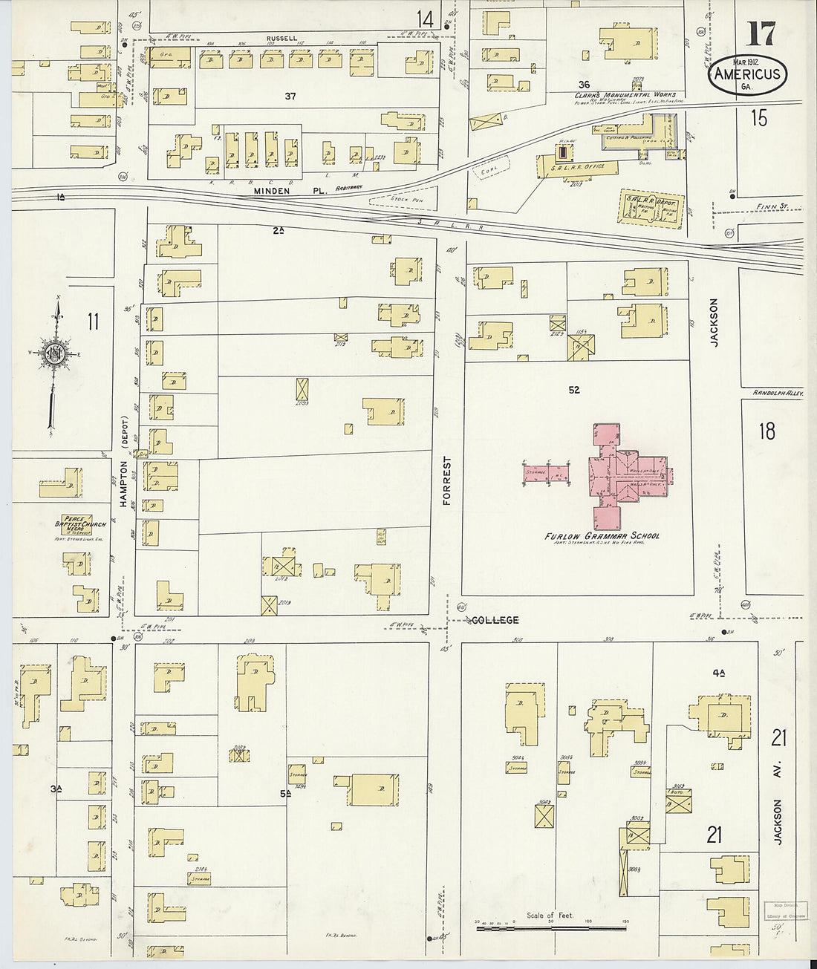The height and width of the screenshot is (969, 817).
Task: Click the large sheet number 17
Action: pyautogui.click(x=761, y=33)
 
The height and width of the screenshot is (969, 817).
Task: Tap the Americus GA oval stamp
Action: pyautogui.click(x=746, y=74)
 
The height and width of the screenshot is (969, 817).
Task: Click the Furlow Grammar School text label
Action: pyautogui.click(x=602, y=535)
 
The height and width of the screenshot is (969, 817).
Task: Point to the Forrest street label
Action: pyautogui.click(x=447, y=480)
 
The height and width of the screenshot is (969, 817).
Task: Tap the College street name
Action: pyautogui.click(x=494, y=620)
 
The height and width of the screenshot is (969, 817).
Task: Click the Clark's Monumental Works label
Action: pyautogui.click(x=622, y=95)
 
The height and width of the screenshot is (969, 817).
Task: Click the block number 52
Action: pyautogui.click(x=573, y=390)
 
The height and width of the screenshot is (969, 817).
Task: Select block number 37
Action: pyautogui.click(x=290, y=97)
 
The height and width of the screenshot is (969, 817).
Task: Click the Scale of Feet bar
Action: pyautogui.click(x=550, y=927)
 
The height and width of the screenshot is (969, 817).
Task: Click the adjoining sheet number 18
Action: pyautogui.click(x=766, y=431)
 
